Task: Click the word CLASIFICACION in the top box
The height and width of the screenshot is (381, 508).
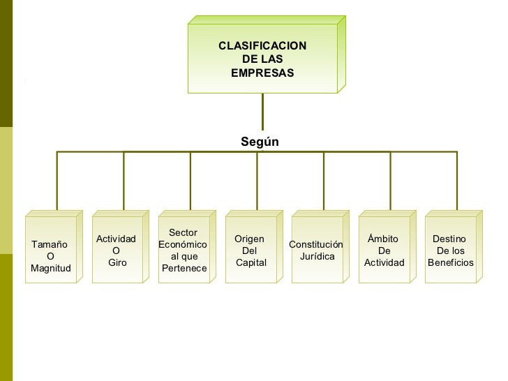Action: coord(262,46)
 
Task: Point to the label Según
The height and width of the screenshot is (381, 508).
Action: coord(260,142)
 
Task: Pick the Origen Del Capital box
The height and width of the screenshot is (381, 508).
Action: coord(251,251)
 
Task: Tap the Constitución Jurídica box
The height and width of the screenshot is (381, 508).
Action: coord(317,251)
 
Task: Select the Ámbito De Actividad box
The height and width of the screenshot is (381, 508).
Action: coord(384,251)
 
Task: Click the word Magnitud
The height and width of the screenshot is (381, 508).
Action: coord(51,269)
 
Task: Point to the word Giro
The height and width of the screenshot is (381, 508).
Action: coord(117,263)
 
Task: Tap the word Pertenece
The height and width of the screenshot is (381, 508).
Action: coord(184,268)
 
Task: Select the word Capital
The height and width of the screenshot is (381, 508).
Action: coord(251,262)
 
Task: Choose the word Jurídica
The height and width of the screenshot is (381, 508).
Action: coord(317,257)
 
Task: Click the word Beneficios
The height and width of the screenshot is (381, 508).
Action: coord(451,263)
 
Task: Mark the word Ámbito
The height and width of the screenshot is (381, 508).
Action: coord(382,239)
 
